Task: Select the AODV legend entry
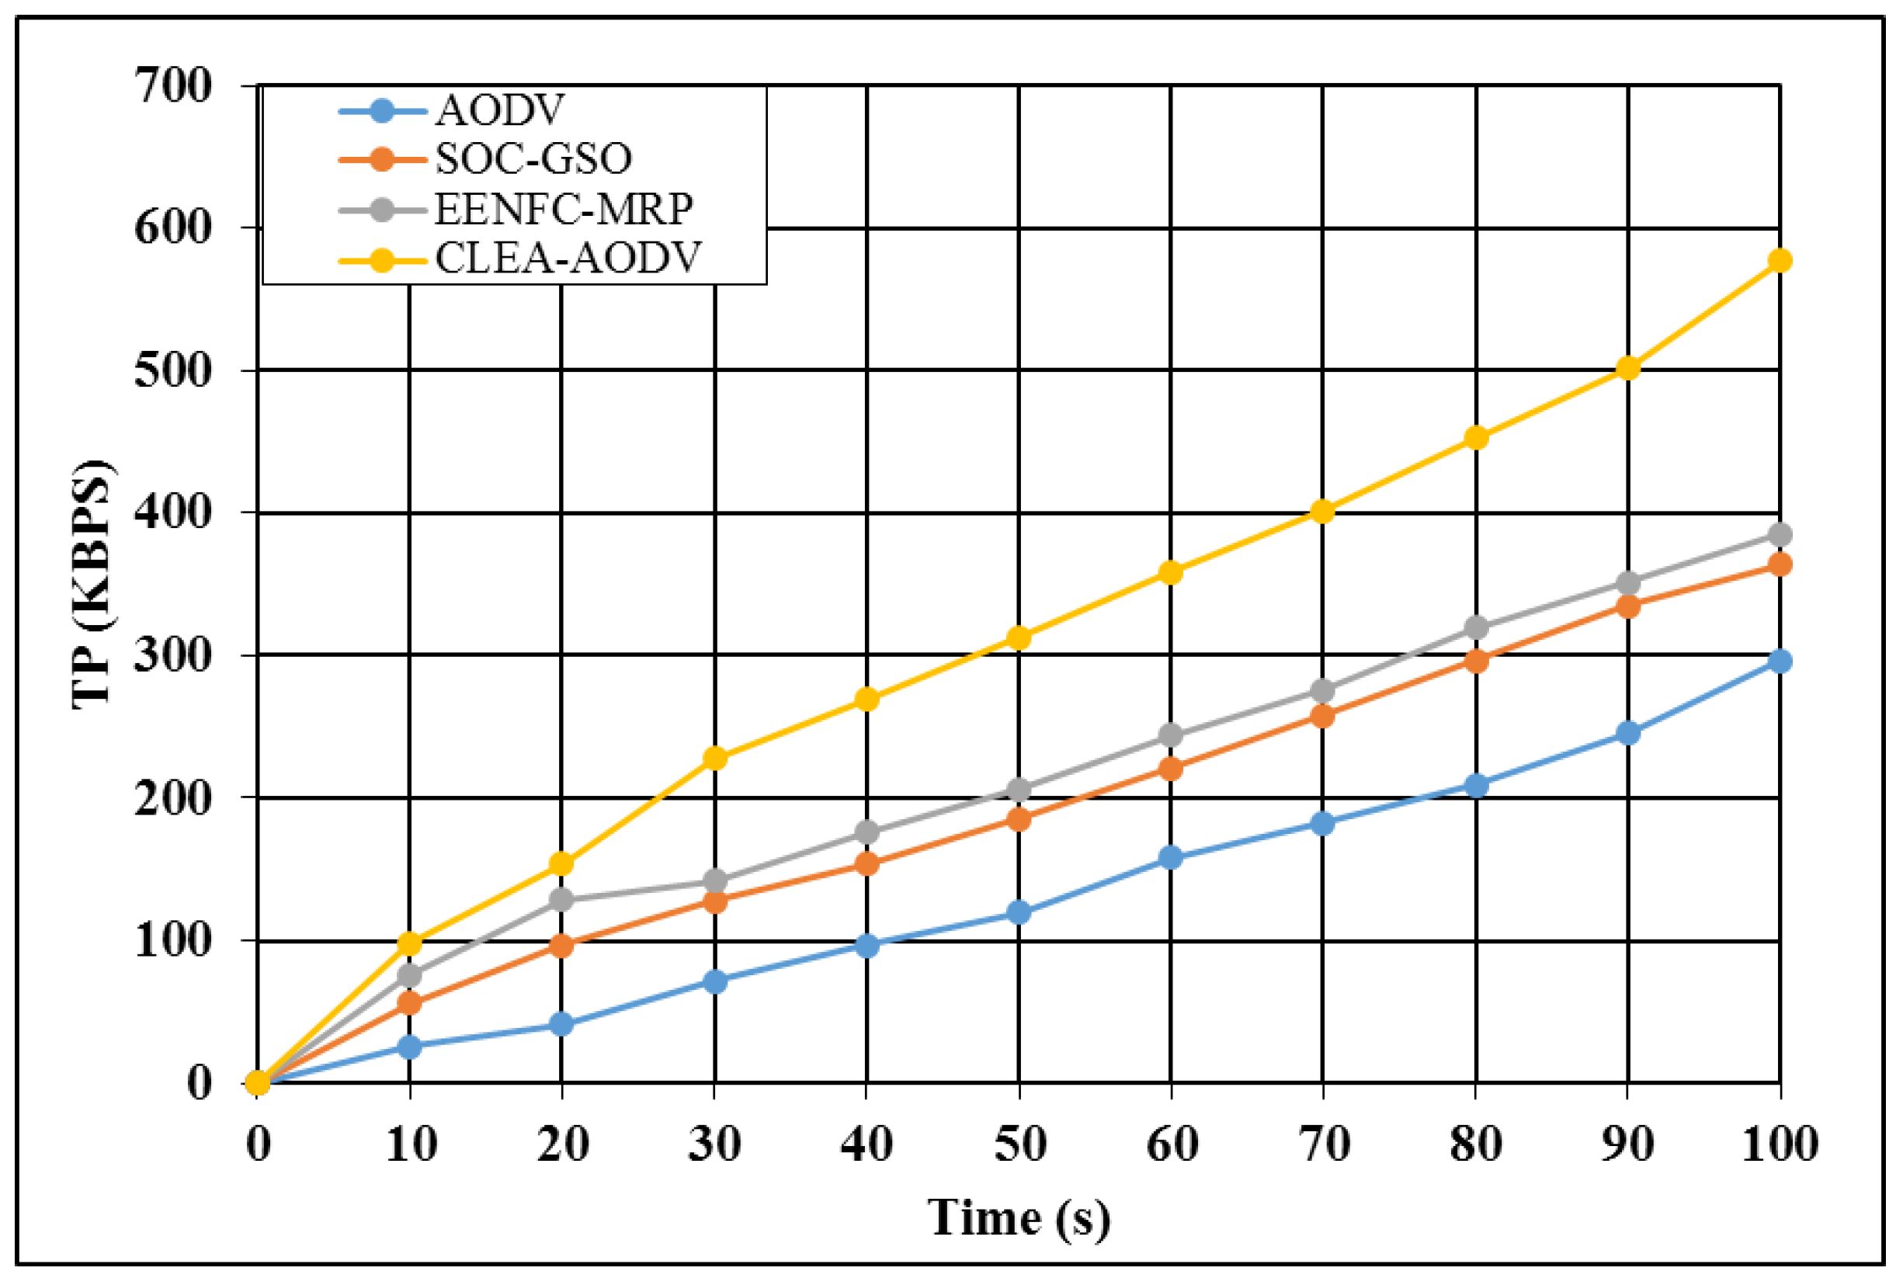tap(499, 109)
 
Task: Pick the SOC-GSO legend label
tap(533, 159)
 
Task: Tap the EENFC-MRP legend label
tap(564, 209)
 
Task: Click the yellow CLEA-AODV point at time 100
tap(1780, 261)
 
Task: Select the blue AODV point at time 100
tap(1780, 661)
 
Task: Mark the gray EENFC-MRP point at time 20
tap(561, 899)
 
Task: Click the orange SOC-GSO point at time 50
tap(1019, 819)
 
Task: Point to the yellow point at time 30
tap(715, 759)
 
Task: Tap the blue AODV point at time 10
tap(409, 1047)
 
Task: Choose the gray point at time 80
tap(1475, 628)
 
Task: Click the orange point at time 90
tap(1628, 607)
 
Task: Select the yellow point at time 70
tap(1322, 512)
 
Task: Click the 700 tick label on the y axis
tap(173, 85)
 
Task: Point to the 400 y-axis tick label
tap(173, 513)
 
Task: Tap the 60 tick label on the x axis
tap(1172, 1144)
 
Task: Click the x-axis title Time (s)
tap(1019, 1218)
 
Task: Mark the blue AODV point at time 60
tap(1171, 857)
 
